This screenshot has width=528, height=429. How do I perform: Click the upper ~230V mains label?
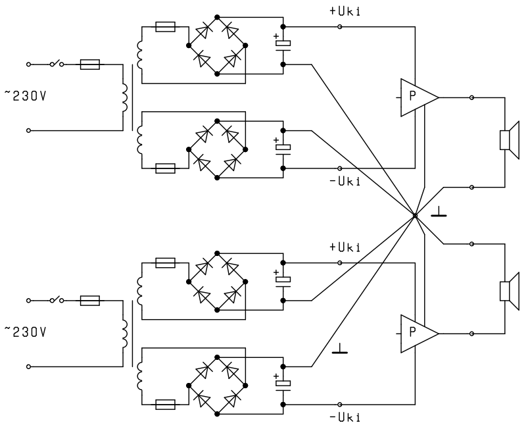tap(25, 96)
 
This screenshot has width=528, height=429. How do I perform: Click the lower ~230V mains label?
tap(25, 332)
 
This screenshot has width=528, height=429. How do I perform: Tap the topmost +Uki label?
tap(345, 11)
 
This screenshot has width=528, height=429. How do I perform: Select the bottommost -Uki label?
tap(345, 418)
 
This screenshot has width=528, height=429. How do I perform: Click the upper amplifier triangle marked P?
tap(420, 98)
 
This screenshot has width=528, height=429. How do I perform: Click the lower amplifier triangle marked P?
tap(420, 334)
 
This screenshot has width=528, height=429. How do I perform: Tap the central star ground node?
tap(415, 215)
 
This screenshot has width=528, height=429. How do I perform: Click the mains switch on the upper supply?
tap(57, 63)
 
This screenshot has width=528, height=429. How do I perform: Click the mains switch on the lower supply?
tap(57, 299)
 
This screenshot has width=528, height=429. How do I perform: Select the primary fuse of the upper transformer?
tap(90, 64)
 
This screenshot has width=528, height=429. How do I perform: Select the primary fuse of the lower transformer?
tap(90, 300)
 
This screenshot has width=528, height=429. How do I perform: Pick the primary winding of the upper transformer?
tap(125, 97)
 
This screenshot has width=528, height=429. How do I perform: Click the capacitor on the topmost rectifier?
tap(283, 45)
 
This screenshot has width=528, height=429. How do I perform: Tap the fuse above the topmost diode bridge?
tap(165, 26)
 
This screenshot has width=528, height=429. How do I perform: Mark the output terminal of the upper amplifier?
tap(471, 98)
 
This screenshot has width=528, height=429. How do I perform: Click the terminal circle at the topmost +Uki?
tap(340, 26)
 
